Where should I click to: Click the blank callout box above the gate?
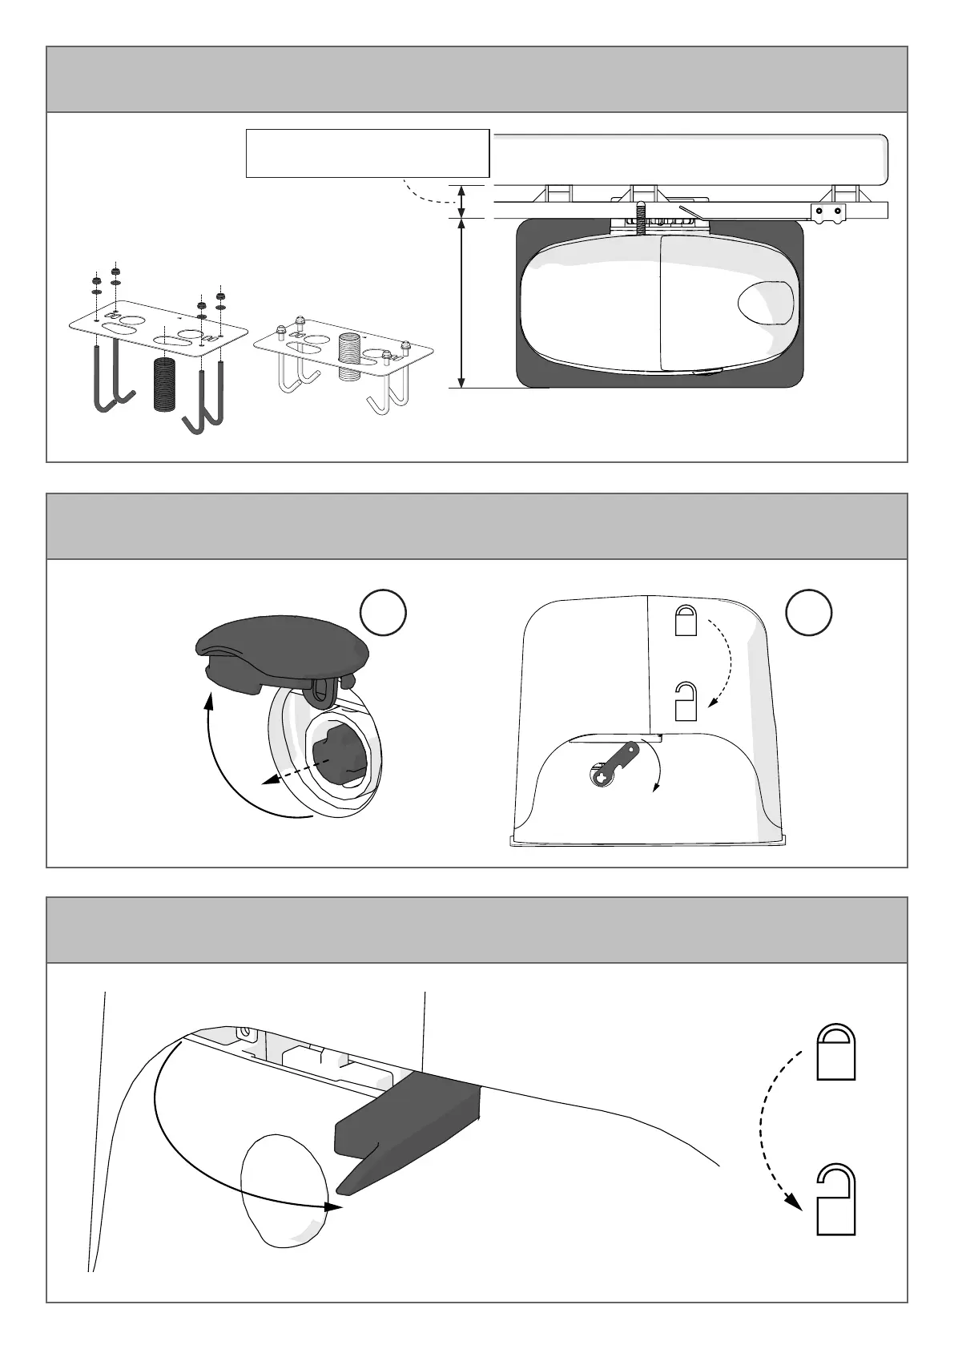[x=367, y=152]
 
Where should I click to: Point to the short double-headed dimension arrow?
[x=461, y=200]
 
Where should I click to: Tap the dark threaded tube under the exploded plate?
[x=163, y=384]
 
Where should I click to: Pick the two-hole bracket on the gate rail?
[x=829, y=211]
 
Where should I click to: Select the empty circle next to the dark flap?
[x=383, y=613]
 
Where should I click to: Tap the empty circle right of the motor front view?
[x=808, y=613]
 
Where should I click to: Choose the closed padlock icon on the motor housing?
[x=686, y=621]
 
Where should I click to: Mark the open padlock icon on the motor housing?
[x=686, y=701]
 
